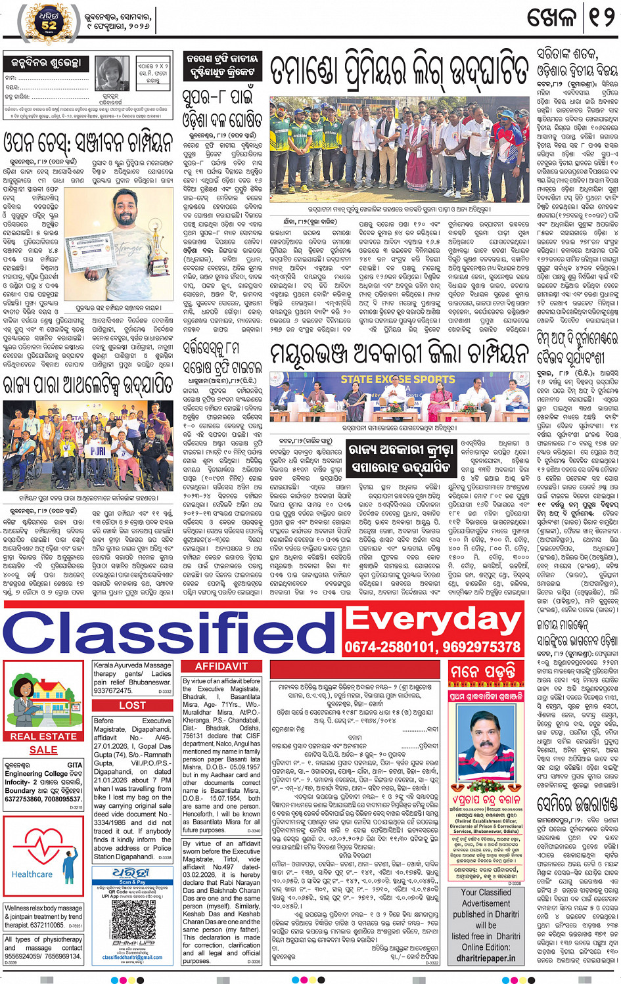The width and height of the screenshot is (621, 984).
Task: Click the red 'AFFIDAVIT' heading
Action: pos(221,666)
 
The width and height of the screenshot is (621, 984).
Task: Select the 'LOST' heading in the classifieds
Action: pos(132,705)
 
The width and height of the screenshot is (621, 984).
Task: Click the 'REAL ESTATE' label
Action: pos(43,736)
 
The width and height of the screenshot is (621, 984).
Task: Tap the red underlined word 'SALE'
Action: pos(43,749)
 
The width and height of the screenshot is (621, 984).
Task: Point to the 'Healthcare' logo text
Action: pos(32,874)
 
